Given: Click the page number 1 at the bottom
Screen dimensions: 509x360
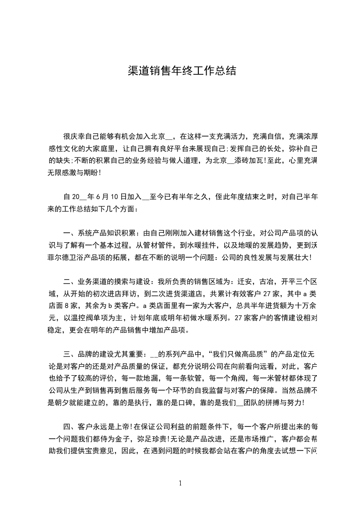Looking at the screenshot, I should [x=180, y=483].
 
